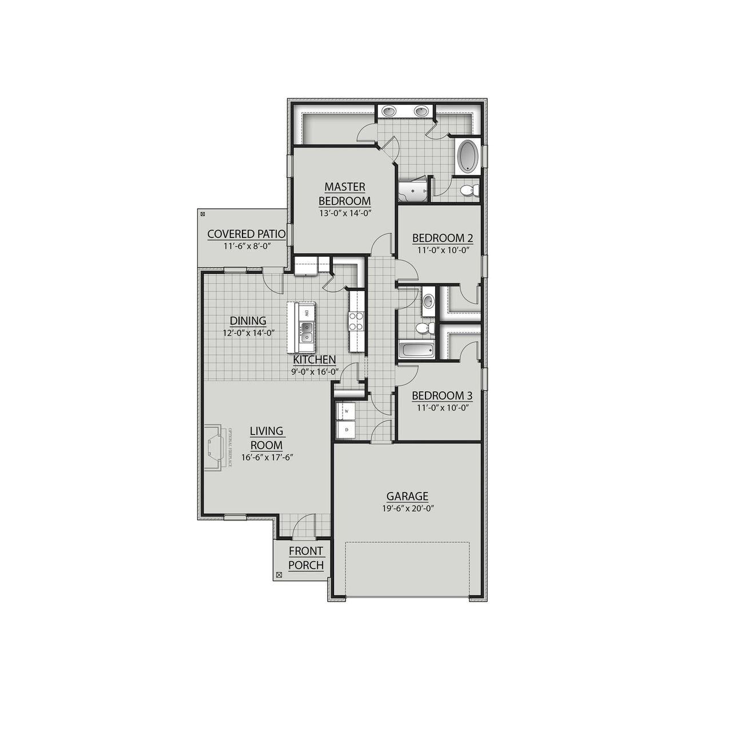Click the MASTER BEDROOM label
pyautogui.click(x=344, y=194)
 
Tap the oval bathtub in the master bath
pyautogui.click(x=469, y=156)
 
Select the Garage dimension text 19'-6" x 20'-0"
pyautogui.click(x=407, y=508)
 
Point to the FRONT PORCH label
pyautogui.click(x=306, y=558)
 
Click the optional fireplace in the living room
pyautogui.click(x=216, y=447)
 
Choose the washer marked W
pyautogui.click(x=346, y=411)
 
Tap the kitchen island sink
pyautogui.click(x=307, y=328)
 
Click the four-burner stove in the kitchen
pyautogui.click(x=357, y=321)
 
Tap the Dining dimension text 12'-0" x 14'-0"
pyautogui.click(x=248, y=332)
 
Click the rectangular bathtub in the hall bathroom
pyautogui.click(x=416, y=350)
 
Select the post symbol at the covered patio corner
pyautogui.click(x=202, y=214)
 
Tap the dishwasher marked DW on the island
pyautogui.click(x=307, y=313)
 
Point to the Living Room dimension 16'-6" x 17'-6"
pyautogui.click(x=266, y=457)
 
